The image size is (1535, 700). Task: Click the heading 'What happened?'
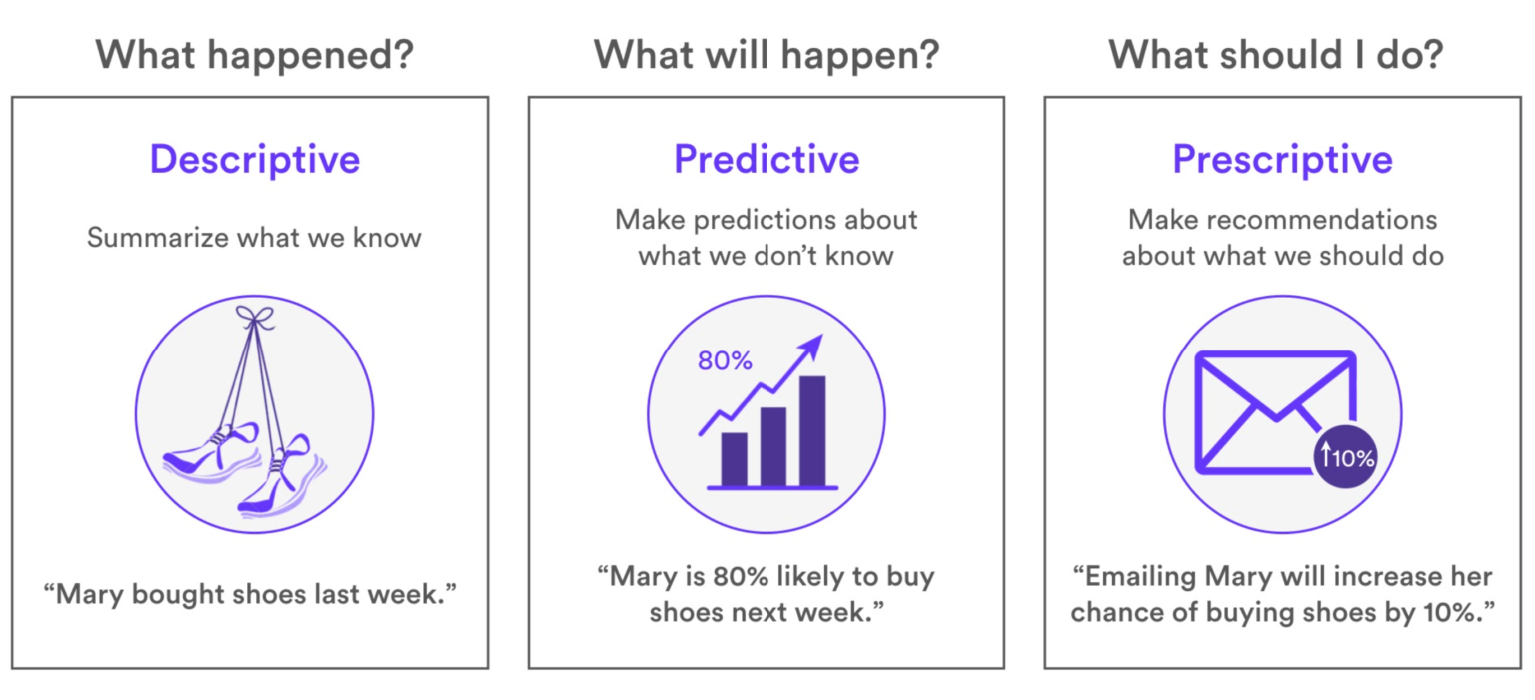[x=254, y=54]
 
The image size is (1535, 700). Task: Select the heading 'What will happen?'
[x=767, y=54]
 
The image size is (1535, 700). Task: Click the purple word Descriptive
[x=254, y=159]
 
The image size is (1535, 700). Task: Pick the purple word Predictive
[x=767, y=159]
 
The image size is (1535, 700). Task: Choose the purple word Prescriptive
[x=1282, y=159]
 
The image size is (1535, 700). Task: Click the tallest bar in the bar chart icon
[x=812, y=430]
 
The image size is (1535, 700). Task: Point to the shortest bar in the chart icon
[x=734, y=458]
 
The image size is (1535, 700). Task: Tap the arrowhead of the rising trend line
[x=814, y=345]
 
